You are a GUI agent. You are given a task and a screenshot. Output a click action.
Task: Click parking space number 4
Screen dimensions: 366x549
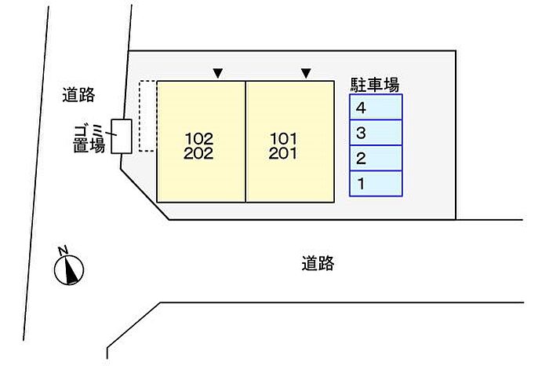[376, 108]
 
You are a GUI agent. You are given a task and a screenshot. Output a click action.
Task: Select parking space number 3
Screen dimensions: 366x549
[376, 133]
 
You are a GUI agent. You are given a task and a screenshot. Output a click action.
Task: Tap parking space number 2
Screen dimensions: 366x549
[376, 159]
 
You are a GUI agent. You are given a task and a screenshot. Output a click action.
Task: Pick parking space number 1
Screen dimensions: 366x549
[376, 184]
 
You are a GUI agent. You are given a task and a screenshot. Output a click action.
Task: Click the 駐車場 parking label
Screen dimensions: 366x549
[375, 83]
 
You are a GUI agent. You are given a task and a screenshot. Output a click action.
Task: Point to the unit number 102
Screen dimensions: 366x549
[199, 139]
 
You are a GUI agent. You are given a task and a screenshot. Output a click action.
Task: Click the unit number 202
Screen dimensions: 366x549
[199, 154]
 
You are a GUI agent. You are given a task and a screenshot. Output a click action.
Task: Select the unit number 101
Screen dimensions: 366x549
[283, 139]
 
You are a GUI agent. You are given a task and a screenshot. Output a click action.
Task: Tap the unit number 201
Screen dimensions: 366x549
[283, 154]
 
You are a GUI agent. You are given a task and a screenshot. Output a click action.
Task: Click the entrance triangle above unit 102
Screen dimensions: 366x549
[218, 74]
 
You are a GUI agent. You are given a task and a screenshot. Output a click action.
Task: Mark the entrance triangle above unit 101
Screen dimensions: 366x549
[306, 74]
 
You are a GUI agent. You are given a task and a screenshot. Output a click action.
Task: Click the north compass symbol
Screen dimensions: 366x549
[69, 269]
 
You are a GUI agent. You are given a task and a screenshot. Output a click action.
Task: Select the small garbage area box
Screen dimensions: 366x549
[121, 136]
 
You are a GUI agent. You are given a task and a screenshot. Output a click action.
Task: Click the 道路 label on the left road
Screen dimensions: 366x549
[78, 96]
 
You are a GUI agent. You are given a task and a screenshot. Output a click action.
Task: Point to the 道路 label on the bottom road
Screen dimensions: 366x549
[318, 264]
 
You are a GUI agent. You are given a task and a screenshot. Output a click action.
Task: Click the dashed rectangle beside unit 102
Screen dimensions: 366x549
[147, 115]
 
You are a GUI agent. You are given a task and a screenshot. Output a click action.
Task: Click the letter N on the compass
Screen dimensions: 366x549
[65, 251]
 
